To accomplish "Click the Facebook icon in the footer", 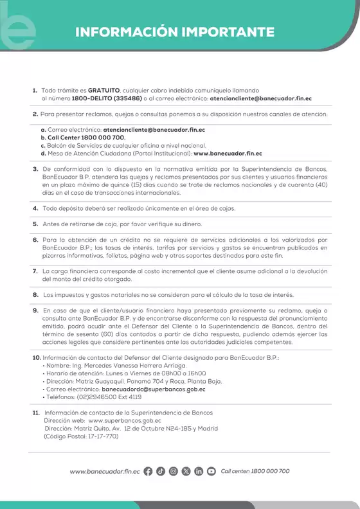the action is pyautogui.click(x=148, y=471).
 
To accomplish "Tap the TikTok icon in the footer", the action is pyautogui.click(x=161, y=471).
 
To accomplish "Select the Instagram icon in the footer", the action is pyautogui.click(x=174, y=471).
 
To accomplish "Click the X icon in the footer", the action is pyautogui.click(x=186, y=471).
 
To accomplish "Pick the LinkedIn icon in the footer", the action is pyautogui.click(x=199, y=471).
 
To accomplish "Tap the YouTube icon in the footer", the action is pyautogui.click(x=212, y=471).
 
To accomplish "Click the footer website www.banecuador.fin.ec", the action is pyautogui.click(x=105, y=471).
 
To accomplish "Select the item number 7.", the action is pyautogui.click(x=35, y=272).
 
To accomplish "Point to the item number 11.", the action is pyautogui.click(x=36, y=412).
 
